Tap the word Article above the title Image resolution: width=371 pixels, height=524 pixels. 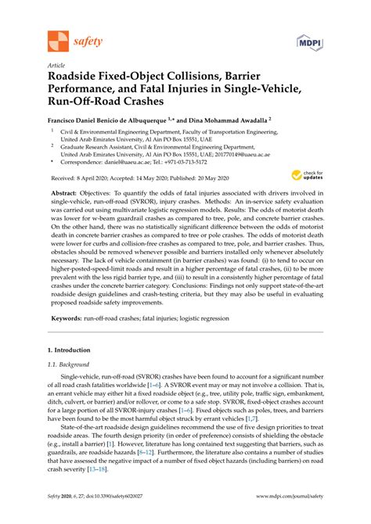click(56, 66)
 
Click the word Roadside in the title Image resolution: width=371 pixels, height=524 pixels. click(79, 79)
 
